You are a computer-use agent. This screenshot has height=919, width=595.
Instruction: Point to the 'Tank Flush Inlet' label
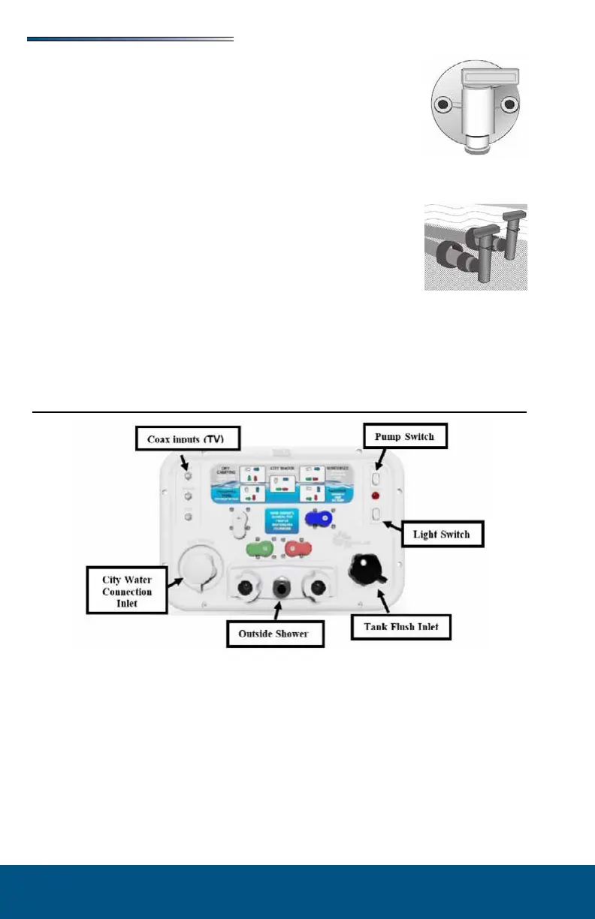coord(401,628)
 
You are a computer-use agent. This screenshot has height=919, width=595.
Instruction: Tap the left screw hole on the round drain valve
coord(446,103)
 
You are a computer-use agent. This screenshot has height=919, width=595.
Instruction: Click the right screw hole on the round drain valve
coord(509,103)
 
